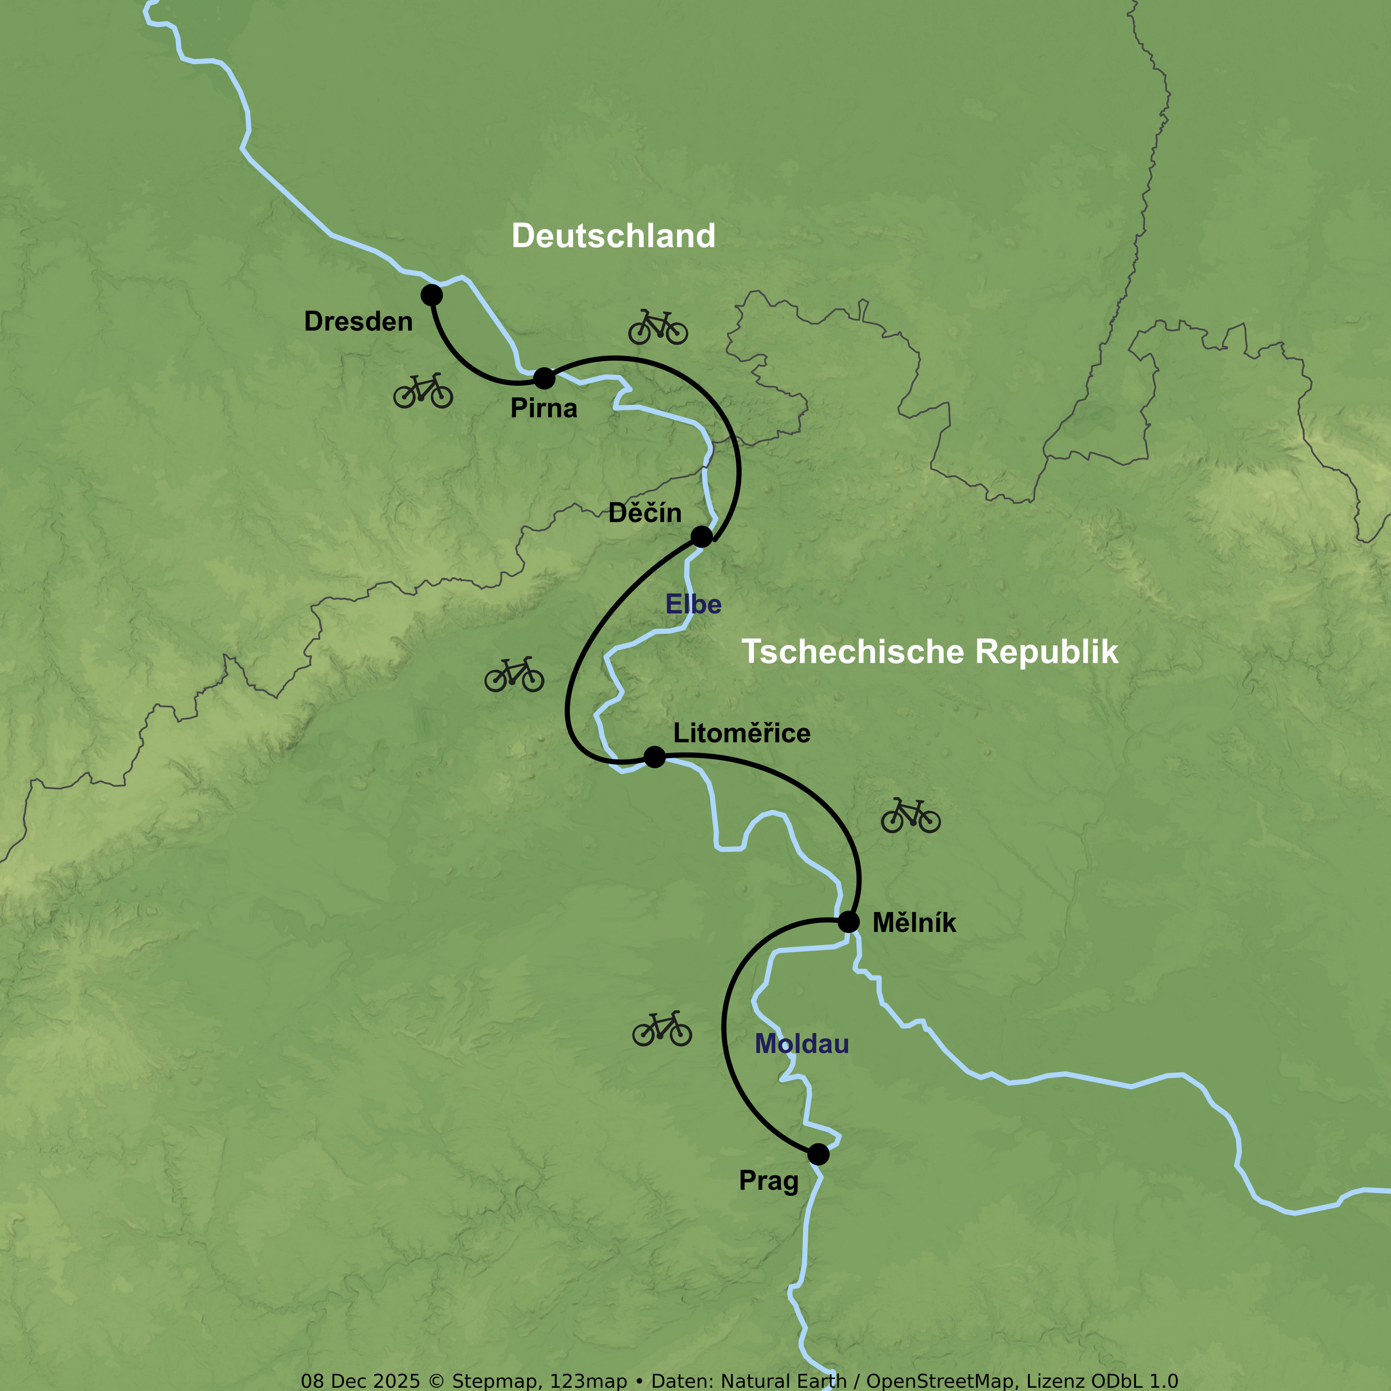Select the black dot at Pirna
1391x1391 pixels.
pos(544,377)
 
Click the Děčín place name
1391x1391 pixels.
pos(644,513)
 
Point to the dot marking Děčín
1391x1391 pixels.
pos(701,536)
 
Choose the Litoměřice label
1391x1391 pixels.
pos(741,733)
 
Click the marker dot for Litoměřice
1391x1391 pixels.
pos(654,757)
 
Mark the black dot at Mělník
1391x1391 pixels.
pos(849,922)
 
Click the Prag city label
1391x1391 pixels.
pos(768,1181)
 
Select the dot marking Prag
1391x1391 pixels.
pos(818,1154)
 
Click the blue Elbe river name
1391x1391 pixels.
pos(693,604)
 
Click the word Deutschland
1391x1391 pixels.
pos(613,236)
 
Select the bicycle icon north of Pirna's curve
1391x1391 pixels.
pos(657,328)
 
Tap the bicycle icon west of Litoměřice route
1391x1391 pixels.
pos(514,675)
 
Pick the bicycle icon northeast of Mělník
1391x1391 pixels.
pos(910,816)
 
